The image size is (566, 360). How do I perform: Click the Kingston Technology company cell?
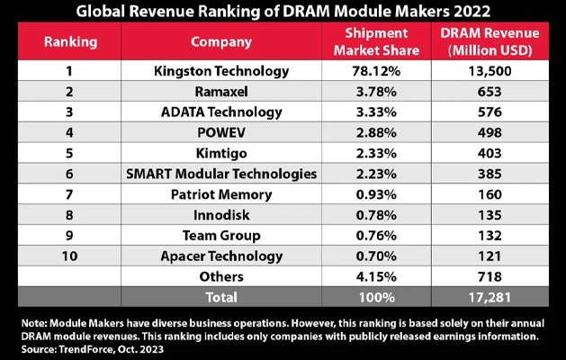221,71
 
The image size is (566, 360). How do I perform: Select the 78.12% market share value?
376,71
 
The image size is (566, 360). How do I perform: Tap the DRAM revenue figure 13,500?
490,71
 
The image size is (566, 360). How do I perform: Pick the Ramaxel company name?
221,92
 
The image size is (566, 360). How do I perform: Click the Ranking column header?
70,42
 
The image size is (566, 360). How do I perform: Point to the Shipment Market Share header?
376,41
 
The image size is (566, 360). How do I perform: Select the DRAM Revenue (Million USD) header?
490,41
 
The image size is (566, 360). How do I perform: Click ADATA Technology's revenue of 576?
490,112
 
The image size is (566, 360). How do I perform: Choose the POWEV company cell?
221,132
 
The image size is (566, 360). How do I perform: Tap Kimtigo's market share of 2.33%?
376,153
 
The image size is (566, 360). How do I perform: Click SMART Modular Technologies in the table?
221,174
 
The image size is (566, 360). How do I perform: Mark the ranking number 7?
69,194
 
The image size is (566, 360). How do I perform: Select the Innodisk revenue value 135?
490,215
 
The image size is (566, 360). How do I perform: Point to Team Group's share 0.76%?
376,236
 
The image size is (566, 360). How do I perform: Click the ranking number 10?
69,256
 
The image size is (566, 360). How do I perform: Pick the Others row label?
221,276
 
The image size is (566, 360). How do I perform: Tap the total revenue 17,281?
490,297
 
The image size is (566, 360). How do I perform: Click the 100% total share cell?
376,297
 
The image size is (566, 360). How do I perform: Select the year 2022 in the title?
470,11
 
